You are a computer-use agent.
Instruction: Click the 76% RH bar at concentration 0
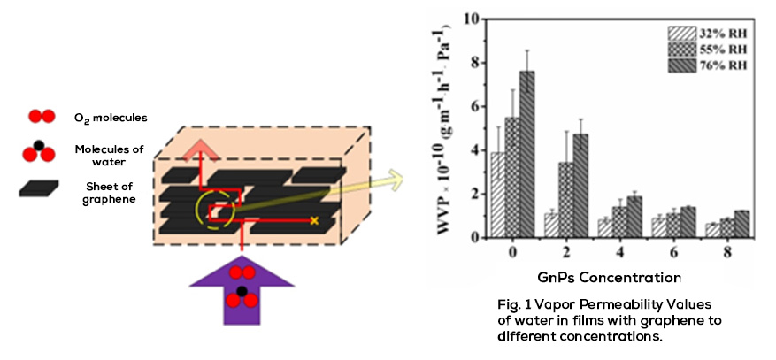coord(527,154)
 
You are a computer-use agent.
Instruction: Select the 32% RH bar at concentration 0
coord(498,195)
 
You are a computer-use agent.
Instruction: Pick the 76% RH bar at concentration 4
coord(634,217)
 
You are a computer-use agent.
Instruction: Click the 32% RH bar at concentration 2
coord(551,226)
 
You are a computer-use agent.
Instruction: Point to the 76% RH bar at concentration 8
coord(741,224)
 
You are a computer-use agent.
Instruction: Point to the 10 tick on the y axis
coord(472,19)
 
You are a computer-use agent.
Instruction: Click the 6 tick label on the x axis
coord(673,252)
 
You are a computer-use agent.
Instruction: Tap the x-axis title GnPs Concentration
coord(610,278)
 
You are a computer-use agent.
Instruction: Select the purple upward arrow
coord(242,292)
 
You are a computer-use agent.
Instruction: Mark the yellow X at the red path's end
coord(314,220)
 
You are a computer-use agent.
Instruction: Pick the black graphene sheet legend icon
coord(39,188)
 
